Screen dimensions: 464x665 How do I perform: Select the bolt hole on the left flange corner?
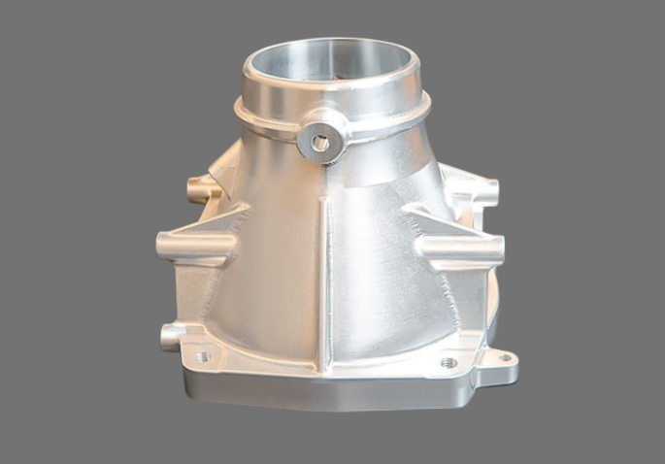(x=202, y=357)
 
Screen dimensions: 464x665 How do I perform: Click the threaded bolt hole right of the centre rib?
(x=448, y=363)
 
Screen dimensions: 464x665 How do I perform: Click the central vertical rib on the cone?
(x=324, y=272)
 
